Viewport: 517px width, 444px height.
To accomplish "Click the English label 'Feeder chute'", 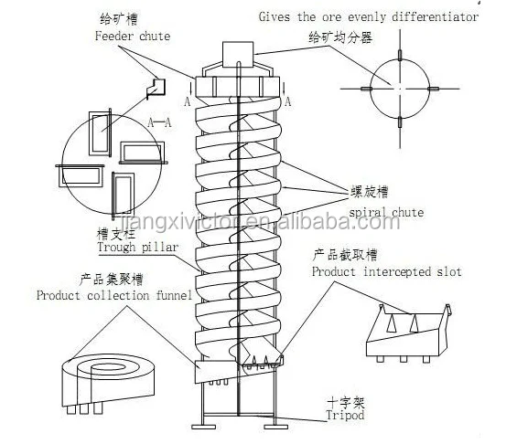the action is point(133,36).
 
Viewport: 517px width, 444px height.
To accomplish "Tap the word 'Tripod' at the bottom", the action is point(345,415).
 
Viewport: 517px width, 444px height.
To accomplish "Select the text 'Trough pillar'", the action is point(138,247).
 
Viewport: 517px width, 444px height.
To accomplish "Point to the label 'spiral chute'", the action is point(386,213).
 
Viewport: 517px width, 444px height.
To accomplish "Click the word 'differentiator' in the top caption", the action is point(435,16).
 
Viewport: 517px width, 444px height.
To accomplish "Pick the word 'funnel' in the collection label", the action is point(174,295).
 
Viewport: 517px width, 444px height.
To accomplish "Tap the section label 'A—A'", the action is point(159,122).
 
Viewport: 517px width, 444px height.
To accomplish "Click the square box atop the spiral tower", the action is point(238,55).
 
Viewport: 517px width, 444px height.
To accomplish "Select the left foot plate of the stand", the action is point(204,427).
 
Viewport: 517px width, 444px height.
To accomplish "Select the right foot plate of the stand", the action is point(276,427).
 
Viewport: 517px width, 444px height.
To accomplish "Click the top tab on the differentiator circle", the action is point(400,56).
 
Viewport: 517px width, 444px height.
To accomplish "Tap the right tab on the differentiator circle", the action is point(433,89).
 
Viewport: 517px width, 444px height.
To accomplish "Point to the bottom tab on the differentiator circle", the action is point(400,122).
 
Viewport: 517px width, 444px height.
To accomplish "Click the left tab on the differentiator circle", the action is point(366,89).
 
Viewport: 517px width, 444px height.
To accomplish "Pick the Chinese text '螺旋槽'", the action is point(369,192).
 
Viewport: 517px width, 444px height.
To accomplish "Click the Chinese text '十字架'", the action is point(346,402).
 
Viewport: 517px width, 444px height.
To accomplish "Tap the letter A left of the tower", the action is point(187,101).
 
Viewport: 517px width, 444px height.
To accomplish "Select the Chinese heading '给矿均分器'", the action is point(340,37).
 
